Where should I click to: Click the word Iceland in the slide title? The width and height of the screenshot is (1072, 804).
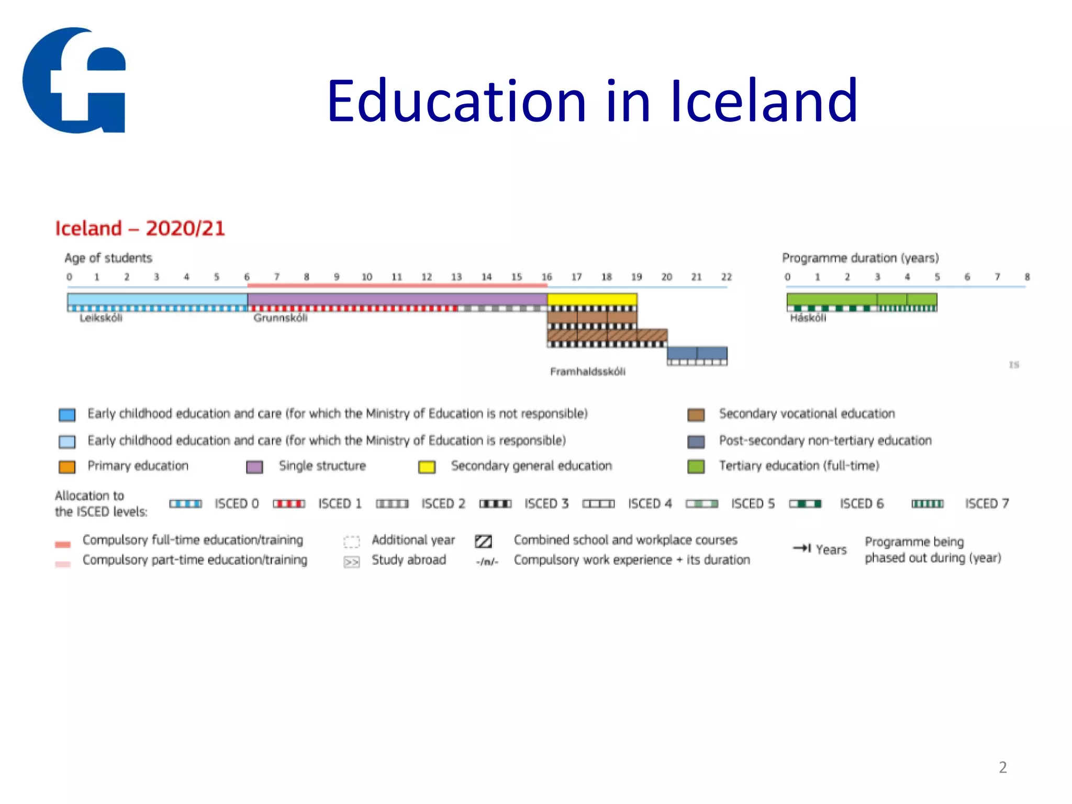coord(764,100)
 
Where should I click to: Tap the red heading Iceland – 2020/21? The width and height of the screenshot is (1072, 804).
coord(140,229)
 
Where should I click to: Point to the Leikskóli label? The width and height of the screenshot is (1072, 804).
coord(101,318)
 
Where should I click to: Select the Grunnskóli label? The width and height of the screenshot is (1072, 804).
coord(281,318)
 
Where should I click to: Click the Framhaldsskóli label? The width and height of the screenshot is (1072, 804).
coord(587,372)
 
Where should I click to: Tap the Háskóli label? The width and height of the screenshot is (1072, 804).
coord(808,318)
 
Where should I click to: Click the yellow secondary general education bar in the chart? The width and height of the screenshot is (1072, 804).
coord(592,299)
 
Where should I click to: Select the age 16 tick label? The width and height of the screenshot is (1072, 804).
coord(546,277)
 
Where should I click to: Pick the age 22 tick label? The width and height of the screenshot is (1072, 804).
coord(726,277)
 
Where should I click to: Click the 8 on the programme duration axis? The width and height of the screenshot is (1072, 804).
coord(1027,277)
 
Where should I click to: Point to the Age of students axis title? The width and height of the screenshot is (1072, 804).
coord(108,258)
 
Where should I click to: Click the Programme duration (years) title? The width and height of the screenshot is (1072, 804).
coord(860,258)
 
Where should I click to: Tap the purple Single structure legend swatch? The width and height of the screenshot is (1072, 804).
coord(254,466)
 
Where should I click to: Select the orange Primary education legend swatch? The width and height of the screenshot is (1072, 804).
coord(67,466)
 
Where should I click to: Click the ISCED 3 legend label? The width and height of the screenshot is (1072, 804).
coord(546,504)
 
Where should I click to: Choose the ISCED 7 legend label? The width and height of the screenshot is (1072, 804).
coord(987,504)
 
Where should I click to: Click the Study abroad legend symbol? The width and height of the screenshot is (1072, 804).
coord(351,562)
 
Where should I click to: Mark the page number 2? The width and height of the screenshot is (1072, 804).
coord(1002,767)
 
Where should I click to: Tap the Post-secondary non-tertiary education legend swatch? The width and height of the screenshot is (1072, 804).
coord(696,442)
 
